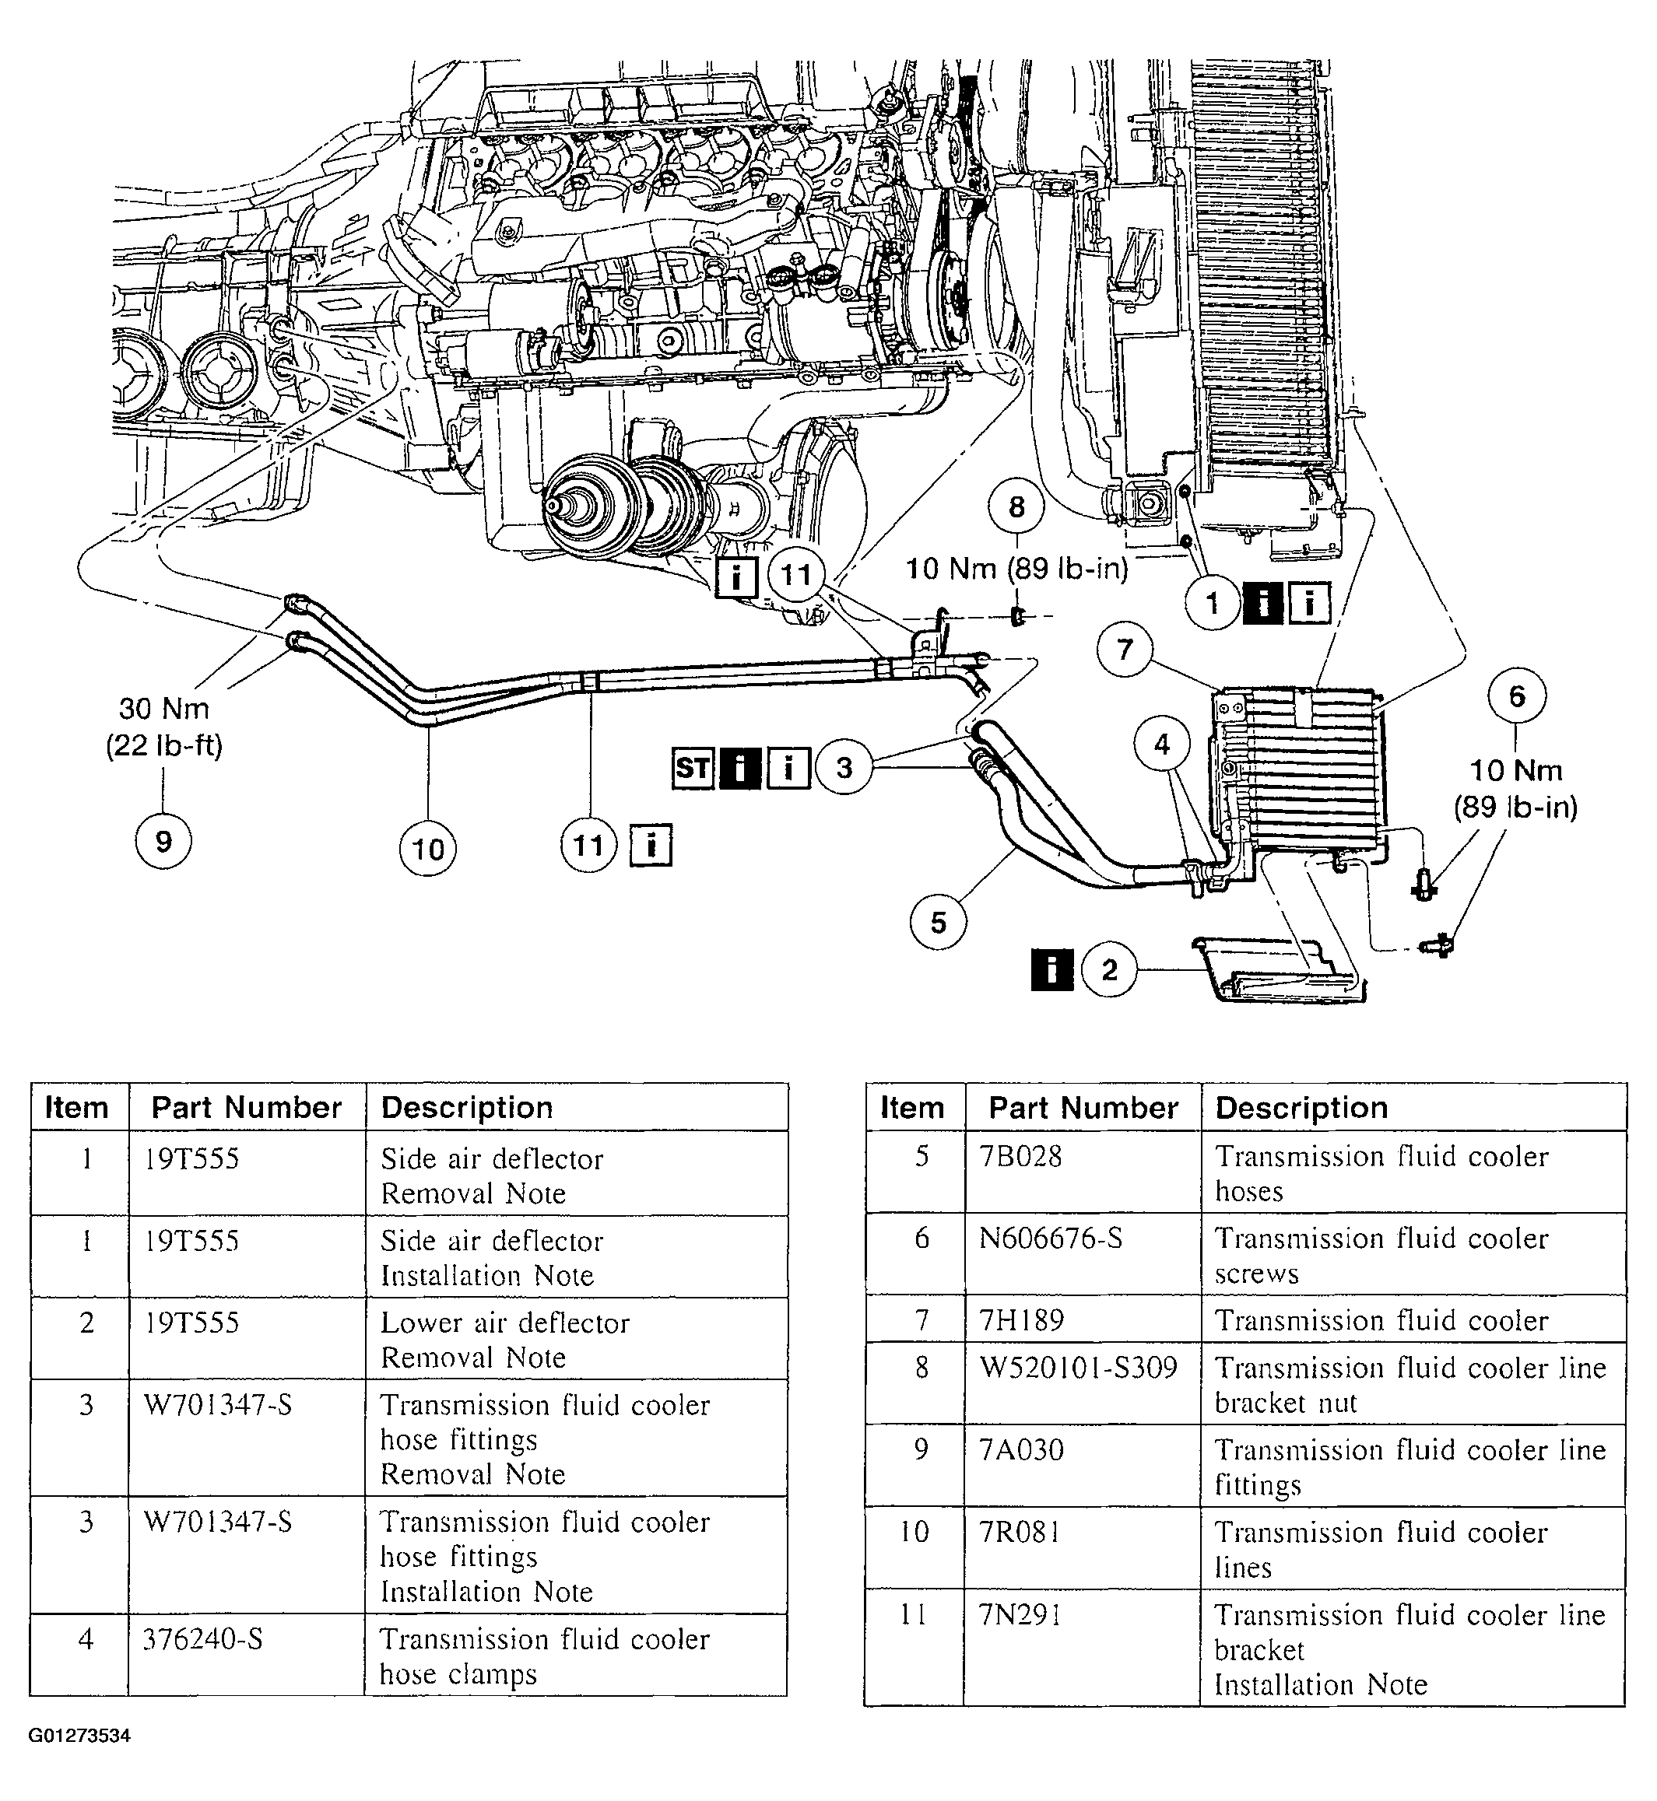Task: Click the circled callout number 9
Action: click(x=163, y=841)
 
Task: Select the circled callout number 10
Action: click(x=428, y=848)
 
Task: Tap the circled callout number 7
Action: click(x=1125, y=648)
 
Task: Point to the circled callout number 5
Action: click(x=938, y=922)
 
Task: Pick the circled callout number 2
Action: click(x=1109, y=969)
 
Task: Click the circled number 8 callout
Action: click(x=1016, y=507)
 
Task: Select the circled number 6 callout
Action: click(x=1516, y=696)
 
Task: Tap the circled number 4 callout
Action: click(x=1162, y=743)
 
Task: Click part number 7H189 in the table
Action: click(x=1021, y=1319)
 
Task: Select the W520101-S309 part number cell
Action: click(x=1078, y=1367)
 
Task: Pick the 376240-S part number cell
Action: click(x=202, y=1638)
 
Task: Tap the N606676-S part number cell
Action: click(x=1050, y=1238)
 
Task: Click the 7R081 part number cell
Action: click(x=1020, y=1532)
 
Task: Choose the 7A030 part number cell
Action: click(x=1021, y=1449)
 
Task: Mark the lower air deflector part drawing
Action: click(x=1280, y=970)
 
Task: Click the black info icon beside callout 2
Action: click(x=1051, y=969)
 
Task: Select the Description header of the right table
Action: click(x=1301, y=1108)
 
